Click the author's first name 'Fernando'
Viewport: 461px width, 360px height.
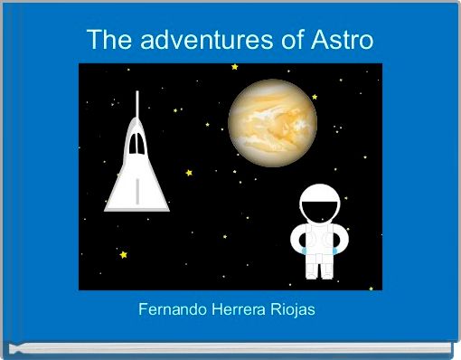coord(173,310)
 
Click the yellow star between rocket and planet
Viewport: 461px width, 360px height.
coord(189,172)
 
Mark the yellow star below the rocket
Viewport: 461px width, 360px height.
coord(123,255)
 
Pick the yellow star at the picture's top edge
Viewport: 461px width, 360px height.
coord(235,67)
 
